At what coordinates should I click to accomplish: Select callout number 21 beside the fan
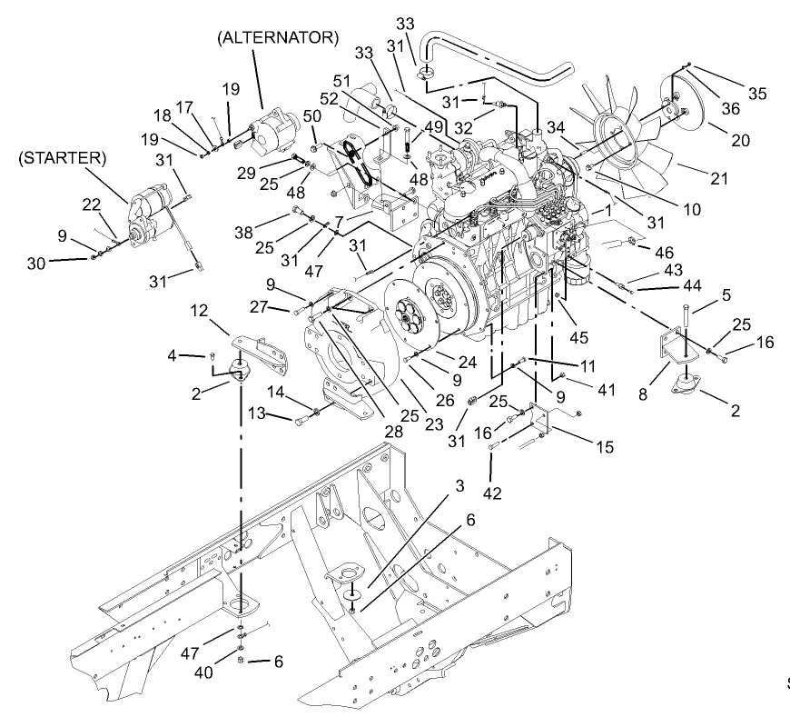click(x=719, y=179)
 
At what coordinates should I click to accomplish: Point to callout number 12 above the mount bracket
click(x=200, y=312)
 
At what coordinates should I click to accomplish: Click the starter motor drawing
click(x=150, y=216)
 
